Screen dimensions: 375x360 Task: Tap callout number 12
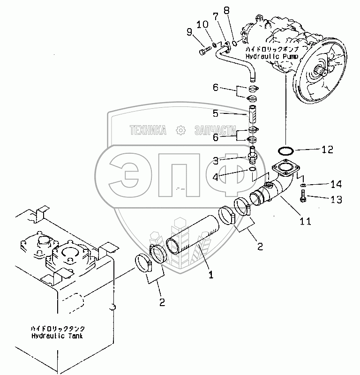click(x=327, y=150)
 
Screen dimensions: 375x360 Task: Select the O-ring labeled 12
click(x=285, y=150)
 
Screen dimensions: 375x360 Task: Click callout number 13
click(x=336, y=200)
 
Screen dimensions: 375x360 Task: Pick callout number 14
click(x=336, y=184)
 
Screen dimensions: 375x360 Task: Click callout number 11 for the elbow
click(x=305, y=221)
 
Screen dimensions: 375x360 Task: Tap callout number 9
click(x=189, y=32)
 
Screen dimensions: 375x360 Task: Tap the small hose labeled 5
click(x=253, y=115)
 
